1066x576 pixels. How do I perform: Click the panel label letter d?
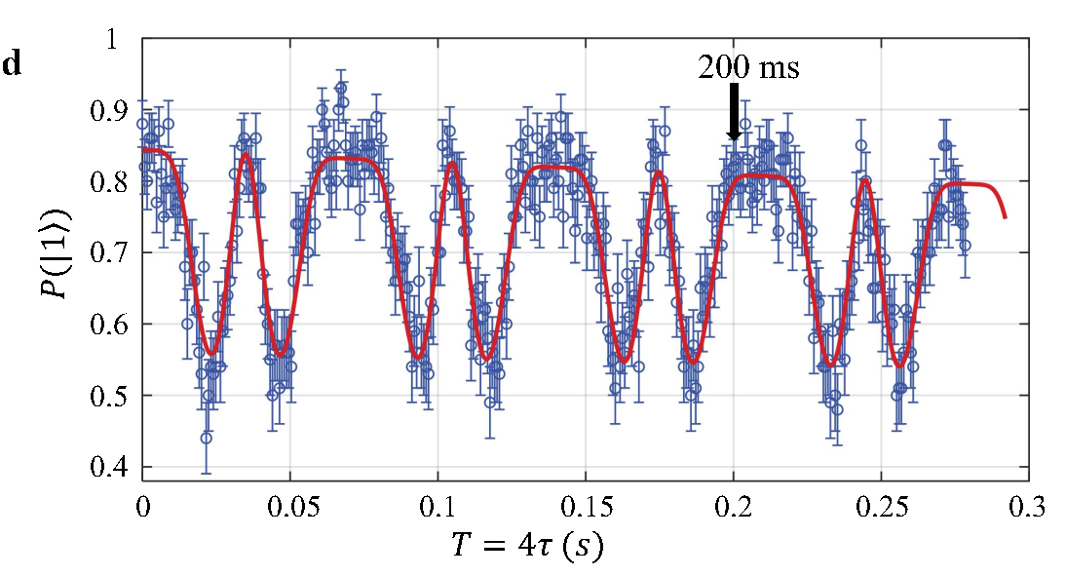12,65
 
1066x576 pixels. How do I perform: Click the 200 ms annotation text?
747,67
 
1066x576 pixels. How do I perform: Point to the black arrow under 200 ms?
734,112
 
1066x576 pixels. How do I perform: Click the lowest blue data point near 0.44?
206,439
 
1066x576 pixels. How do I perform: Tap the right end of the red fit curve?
1005,216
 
